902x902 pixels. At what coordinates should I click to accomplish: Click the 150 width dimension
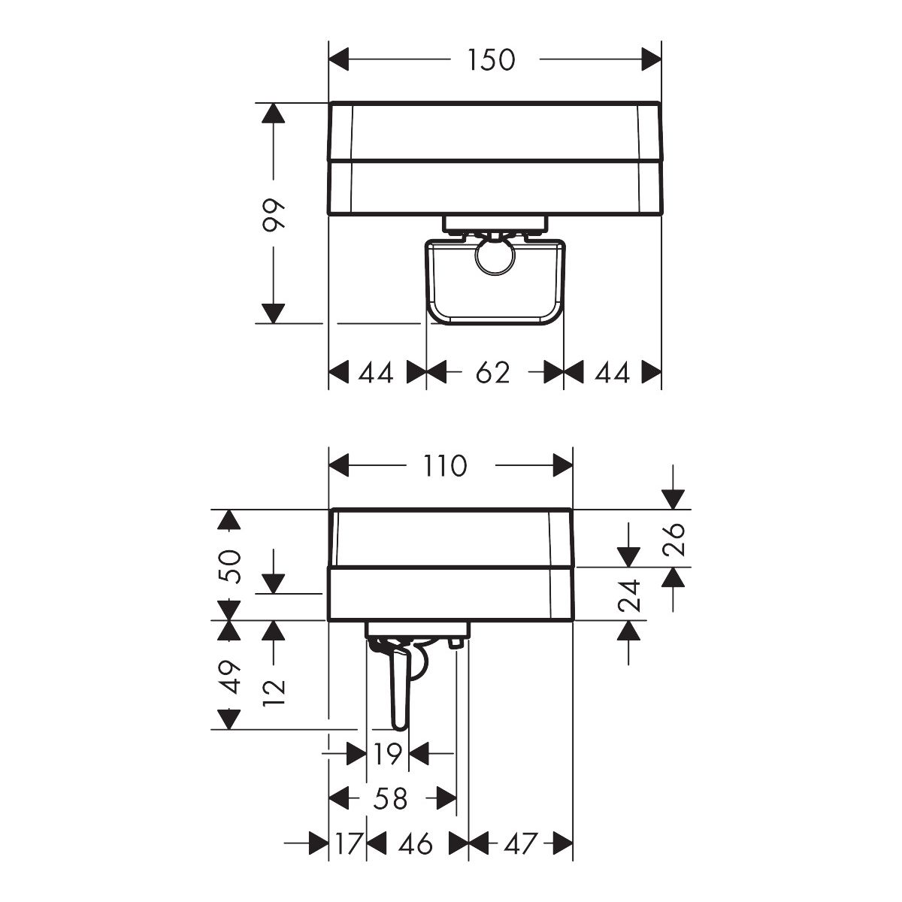[x=492, y=60]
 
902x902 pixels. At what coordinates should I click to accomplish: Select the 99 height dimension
[x=273, y=215]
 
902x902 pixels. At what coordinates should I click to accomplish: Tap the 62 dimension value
[x=492, y=373]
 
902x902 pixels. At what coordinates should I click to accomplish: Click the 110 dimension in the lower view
[x=445, y=466]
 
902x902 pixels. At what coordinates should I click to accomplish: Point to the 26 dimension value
[x=673, y=539]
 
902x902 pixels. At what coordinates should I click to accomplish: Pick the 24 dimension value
[x=628, y=596]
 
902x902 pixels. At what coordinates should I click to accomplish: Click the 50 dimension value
[x=229, y=567]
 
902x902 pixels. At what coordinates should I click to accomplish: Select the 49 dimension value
[x=229, y=676]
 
